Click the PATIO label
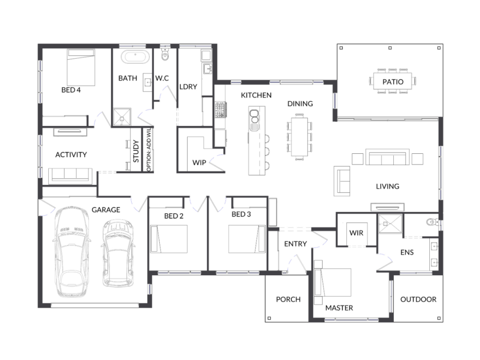coord(393,82)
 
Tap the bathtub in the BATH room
coord(135,57)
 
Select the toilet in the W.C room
coord(165,54)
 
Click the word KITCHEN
coord(256,95)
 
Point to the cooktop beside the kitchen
coord(220,110)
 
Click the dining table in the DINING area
coord(300,137)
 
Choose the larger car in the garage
coord(71,252)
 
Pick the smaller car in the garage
coord(118,253)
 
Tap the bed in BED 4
coord(81,67)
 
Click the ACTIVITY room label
coord(71,155)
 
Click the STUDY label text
coord(136,151)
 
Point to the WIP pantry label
coord(199,163)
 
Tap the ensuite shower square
coord(390,224)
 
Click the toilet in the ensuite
coord(432,222)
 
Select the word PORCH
coord(288,300)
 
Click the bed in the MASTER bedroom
coord(332,283)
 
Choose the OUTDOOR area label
coord(418,300)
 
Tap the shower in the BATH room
coord(122,117)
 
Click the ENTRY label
coord(295,244)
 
